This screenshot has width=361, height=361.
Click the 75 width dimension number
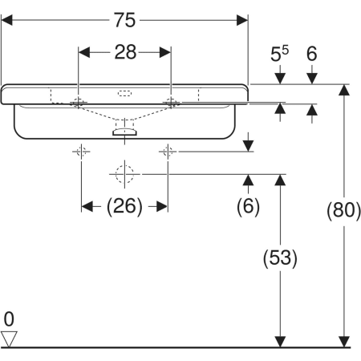coord(125,20)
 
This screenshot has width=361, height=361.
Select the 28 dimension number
coord(125,52)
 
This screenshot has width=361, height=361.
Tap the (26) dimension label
coord(124,206)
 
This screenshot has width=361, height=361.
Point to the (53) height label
coord(280,258)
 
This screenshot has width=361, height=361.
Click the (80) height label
coord(344,209)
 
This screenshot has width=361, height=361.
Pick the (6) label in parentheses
coord(248,206)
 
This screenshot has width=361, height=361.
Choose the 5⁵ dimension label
coord(279,54)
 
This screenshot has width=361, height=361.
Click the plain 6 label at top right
coord(312,54)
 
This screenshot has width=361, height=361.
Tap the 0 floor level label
coord(9,319)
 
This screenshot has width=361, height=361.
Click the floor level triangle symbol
coord(9,339)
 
